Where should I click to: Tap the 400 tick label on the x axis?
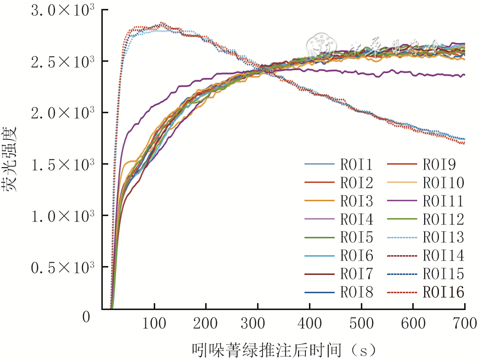309,324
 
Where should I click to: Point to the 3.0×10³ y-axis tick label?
62,11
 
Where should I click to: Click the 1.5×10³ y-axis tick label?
62,165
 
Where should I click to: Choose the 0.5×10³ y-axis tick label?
62,268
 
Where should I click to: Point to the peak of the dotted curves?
161,24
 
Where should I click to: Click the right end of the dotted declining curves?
464,141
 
